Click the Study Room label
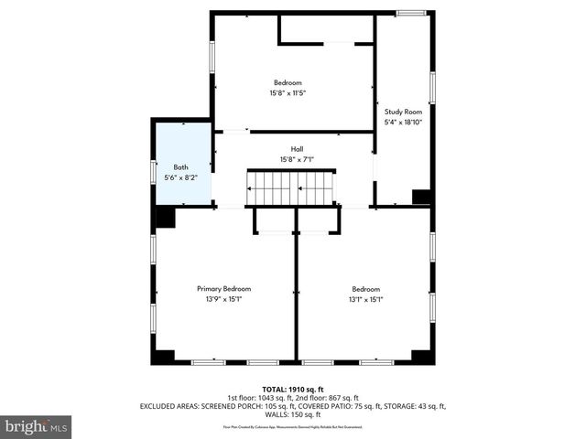(x=403, y=112)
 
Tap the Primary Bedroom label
(x=223, y=288)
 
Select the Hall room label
(x=297, y=149)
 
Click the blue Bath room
(x=182, y=165)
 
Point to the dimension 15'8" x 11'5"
(x=288, y=92)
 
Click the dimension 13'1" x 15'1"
(x=365, y=299)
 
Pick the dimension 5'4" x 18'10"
(x=403, y=122)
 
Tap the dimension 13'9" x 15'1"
(x=223, y=299)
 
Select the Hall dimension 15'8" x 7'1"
(x=297, y=160)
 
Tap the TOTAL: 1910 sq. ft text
(x=293, y=389)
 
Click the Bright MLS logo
(x=37, y=426)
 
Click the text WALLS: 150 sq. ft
(x=293, y=414)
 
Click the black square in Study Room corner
(x=421, y=197)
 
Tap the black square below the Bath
(x=165, y=218)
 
